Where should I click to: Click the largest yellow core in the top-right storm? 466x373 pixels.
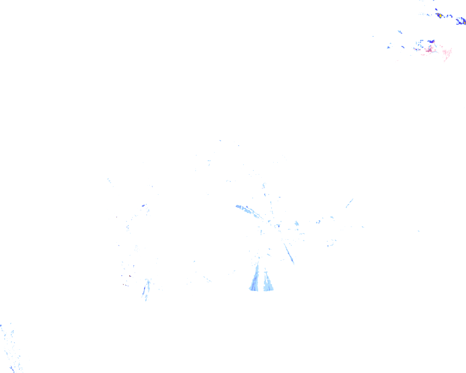441,16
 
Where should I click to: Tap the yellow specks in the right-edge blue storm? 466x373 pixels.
464,23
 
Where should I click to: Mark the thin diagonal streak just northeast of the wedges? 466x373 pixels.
289,253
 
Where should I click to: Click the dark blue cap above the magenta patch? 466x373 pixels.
431,42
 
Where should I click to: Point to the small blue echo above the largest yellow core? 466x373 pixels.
436,9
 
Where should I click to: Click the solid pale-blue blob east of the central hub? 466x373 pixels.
297,223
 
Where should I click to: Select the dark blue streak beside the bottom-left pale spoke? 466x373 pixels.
144,290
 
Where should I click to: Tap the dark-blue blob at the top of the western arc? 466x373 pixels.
144,206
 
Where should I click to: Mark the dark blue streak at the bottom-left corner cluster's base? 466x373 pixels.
12,369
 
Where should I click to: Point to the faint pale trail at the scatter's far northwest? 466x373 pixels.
109,180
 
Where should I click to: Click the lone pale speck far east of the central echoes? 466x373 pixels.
419,231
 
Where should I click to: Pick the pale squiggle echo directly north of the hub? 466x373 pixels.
264,186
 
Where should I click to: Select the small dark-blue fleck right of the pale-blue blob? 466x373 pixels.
318,221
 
